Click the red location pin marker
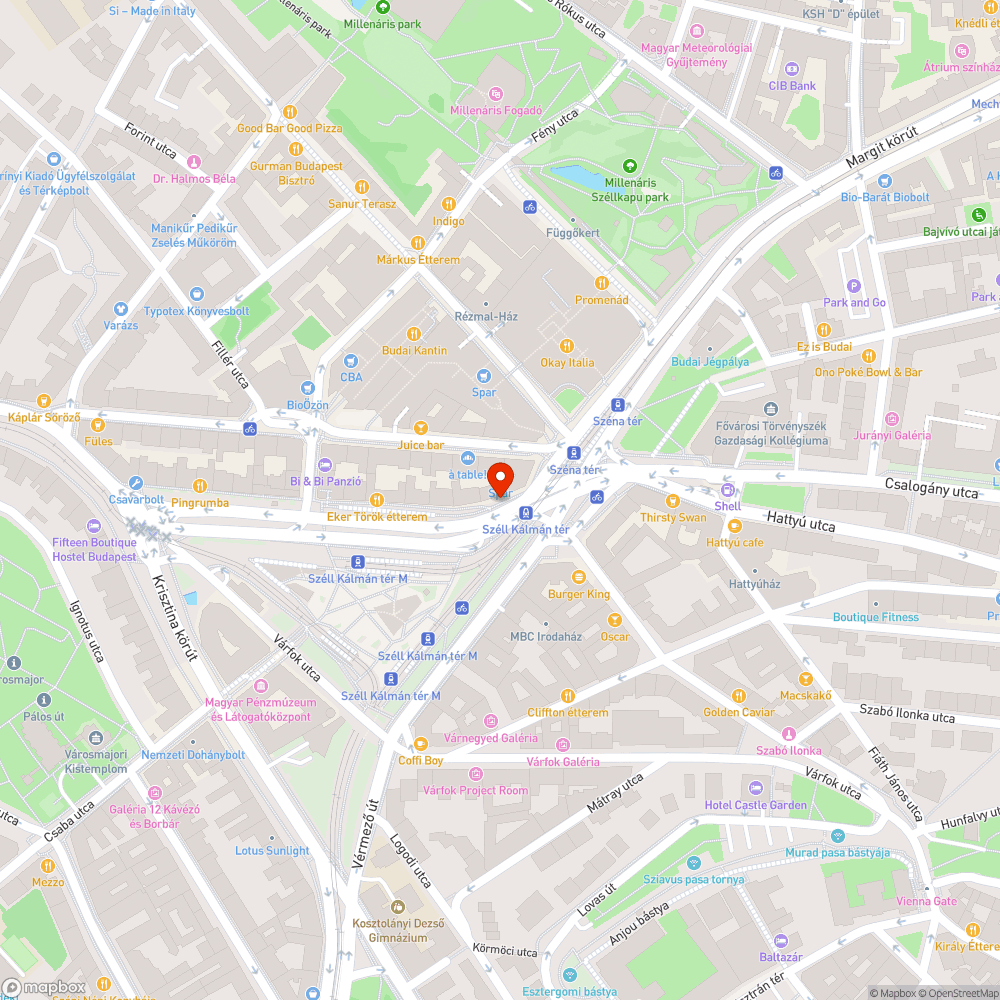500,476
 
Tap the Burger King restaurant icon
578,577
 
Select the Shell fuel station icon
727,489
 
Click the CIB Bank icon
792,69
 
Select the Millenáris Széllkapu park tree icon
629,166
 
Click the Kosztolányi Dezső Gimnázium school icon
392,906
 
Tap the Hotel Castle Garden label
755,805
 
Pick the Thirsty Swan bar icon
673,500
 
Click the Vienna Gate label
926,901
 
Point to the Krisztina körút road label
176,616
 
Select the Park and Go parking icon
853,286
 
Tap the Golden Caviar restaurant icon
739,695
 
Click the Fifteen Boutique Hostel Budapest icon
94,526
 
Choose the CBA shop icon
351,361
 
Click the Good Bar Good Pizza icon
289,112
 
